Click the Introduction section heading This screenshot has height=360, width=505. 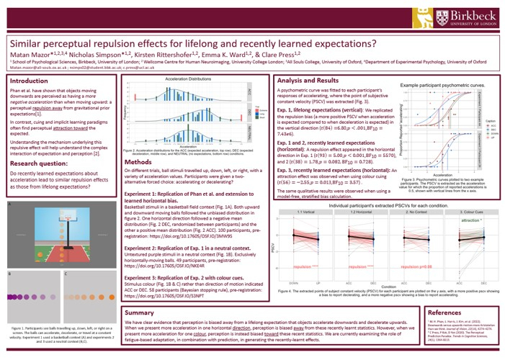tap(30, 81)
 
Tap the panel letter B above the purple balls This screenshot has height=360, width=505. tap(9, 275)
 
